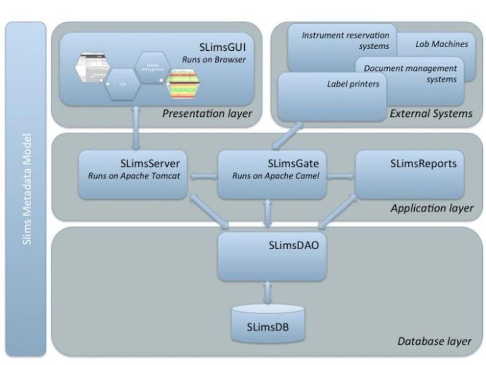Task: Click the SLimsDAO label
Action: click(x=292, y=244)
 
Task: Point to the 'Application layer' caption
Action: click(x=432, y=208)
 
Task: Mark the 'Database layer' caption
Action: click(x=435, y=341)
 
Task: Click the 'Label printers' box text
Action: click(x=353, y=84)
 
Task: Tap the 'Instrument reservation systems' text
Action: click(x=346, y=41)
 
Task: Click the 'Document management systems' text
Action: click(x=410, y=74)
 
